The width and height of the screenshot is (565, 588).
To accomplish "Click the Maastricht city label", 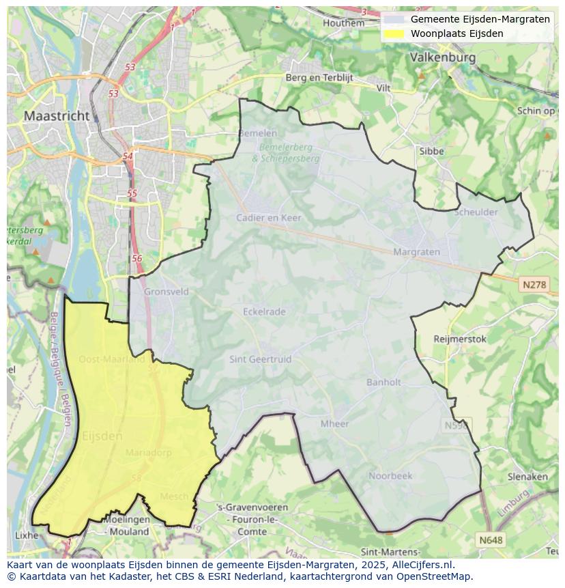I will [57, 116].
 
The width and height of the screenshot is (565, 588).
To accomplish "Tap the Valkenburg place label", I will [443, 58].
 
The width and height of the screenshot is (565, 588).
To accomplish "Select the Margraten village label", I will [416, 252].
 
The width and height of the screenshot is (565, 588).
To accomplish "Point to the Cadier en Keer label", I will [268, 218].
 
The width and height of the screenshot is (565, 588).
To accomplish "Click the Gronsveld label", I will [166, 292].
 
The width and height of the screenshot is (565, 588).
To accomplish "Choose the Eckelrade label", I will [264, 311].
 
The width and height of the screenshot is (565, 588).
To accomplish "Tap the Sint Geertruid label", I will [260, 359].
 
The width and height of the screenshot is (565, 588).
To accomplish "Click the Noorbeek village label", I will [390, 475].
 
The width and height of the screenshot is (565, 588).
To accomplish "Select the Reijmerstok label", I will [460, 339].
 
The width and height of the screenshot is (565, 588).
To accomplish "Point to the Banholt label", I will [383, 382].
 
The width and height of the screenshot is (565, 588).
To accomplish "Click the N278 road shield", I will [533, 285].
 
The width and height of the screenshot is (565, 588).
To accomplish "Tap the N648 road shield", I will [491, 540].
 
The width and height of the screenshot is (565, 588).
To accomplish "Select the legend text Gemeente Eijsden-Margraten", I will [480, 19].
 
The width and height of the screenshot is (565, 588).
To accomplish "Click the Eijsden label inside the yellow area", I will [102, 436].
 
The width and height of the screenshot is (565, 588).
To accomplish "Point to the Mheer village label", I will [334, 423].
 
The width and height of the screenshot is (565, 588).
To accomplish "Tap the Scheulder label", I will [476, 212].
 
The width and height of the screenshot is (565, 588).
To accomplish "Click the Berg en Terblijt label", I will [319, 78].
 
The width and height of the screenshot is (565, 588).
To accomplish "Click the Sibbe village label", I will [431, 151].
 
